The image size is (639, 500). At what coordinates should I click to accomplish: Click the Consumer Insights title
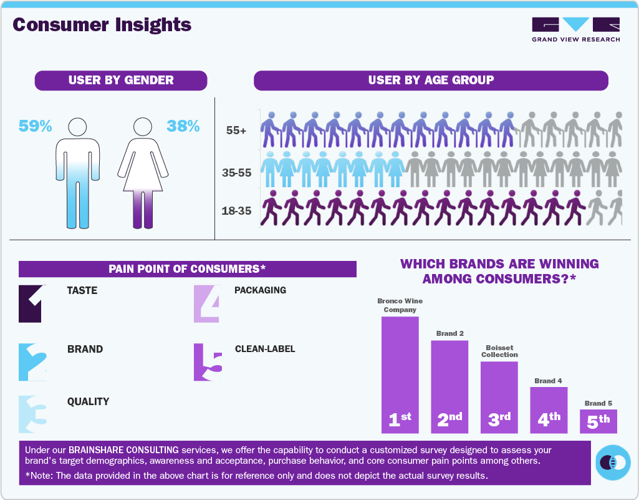pyautogui.click(x=102, y=25)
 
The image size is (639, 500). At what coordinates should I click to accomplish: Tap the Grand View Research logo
pyautogui.click(x=575, y=29)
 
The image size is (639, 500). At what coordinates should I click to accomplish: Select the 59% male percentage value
pyautogui.click(x=35, y=126)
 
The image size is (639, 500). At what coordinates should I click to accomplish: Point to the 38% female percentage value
pyautogui.click(x=183, y=126)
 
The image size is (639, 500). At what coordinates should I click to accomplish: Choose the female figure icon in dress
pyautogui.click(x=143, y=173)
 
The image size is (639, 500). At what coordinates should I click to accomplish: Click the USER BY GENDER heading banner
pyautogui.click(x=121, y=80)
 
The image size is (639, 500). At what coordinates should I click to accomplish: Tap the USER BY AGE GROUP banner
pyautogui.click(x=430, y=80)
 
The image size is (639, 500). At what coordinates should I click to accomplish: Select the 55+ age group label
pyautogui.click(x=236, y=131)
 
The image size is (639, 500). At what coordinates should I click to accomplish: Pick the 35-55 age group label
pyautogui.click(x=236, y=172)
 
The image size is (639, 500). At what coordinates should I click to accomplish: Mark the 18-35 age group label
pyautogui.click(x=236, y=211)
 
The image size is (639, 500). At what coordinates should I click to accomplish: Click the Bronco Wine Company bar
pyautogui.click(x=400, y=375)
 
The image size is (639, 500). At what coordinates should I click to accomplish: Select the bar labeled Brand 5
pyautogui.click(x=598, y=421)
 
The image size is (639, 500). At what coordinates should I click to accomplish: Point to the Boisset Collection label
pyautogui.click(x=499, y=351)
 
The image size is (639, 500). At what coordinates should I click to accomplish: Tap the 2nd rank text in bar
pyautogui.click(x=449, y=419)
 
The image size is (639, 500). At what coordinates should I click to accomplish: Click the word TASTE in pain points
pyautogui.click(x=82, y=291)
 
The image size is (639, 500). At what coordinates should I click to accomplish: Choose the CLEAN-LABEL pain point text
pyautogui.click(x=265, y=349)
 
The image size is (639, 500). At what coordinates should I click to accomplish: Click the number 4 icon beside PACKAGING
pyautogui.click(x=207, y=304)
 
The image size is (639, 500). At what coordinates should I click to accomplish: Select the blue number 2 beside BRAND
pyautogui.click(x=33, y=362)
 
